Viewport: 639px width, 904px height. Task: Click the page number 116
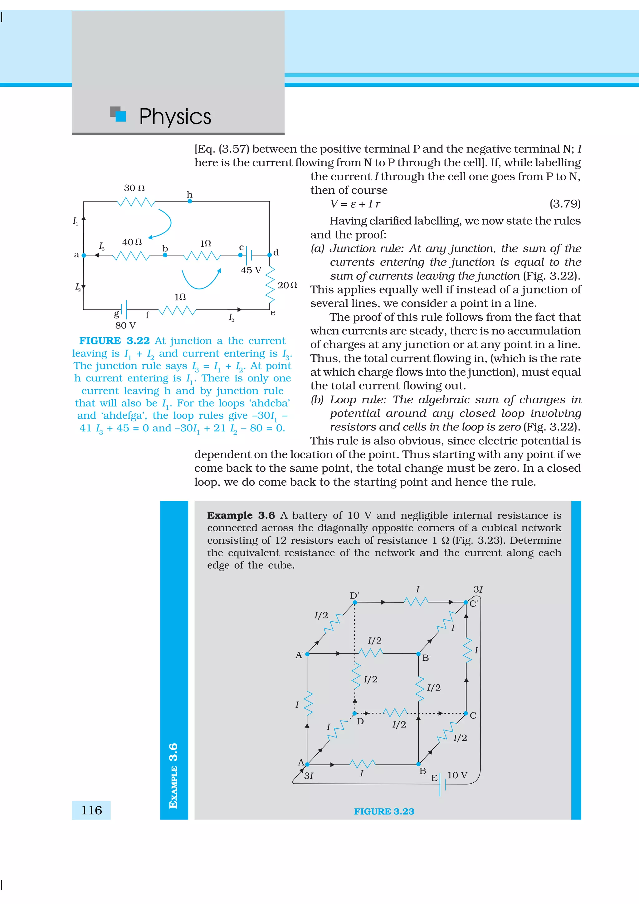pyautogui.click(x=91, y=810)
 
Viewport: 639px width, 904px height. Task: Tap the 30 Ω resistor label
pyautogui.click(x=134, y=188)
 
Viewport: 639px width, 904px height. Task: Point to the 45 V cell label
pyautogui.click(x=251, y=270)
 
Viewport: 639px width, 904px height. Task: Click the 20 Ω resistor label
pyautogui.click(x=287, y=285)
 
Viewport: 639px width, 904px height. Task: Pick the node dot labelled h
pyautogui.click(x=190, y=201)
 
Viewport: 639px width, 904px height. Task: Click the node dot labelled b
pyautogui.click(x=165, y=255)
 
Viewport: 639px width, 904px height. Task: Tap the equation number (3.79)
pyautogui.click(x=565, y=204)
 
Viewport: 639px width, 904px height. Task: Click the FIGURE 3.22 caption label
pyautogui.click(x=114, y=341)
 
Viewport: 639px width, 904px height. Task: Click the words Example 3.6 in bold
pyautogui.click(x=241, y=515)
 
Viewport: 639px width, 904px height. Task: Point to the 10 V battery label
pyautogui.click(x=457, y=775)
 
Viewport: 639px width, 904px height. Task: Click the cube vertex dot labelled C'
pyautogui.click(x=466, y=602)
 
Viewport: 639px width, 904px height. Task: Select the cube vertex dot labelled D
pyautogui.click(x=354, y=713)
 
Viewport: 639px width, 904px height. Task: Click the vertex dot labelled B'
pyautogui.click(x=418, y=654)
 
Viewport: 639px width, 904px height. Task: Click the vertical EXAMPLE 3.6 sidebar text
pyautogui.click(x=173, y=776)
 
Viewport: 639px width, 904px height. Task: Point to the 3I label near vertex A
pyautogui.click(x=309, y=776)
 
